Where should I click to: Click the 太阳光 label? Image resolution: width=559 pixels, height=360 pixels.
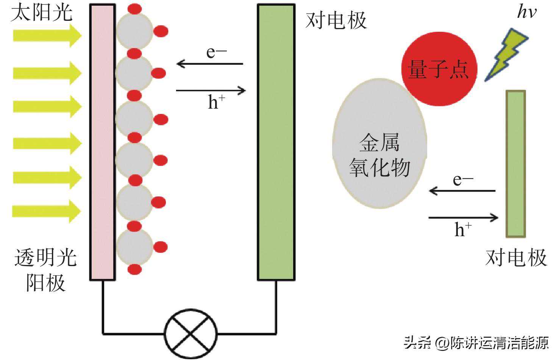pos(42,12)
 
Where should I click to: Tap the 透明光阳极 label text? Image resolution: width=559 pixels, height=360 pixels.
pos(46,270)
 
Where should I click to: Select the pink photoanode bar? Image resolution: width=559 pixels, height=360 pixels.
pos(103,142)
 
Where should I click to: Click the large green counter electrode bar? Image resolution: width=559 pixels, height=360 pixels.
pos(276,142)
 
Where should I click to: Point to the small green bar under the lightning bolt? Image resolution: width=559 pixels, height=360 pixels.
pos(516,164)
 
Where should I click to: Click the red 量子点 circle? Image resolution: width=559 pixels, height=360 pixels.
pos(439,69)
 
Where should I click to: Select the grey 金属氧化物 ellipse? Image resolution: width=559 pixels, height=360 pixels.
pos(379,143)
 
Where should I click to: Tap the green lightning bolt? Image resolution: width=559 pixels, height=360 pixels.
pos(507,55)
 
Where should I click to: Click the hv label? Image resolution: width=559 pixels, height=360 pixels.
pos(527,11)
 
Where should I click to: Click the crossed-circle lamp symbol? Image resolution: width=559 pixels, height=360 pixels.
pos(190,334)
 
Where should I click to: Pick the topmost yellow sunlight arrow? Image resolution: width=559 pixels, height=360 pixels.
pos(47,36)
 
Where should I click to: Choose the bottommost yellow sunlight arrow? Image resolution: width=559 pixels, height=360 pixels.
pos(47,211)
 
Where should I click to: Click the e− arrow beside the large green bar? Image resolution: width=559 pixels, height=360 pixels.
pos(210,64)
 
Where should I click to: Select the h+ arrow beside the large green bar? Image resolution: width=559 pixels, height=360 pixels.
pos(211,90)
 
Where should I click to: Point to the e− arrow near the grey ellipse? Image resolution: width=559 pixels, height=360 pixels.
pos(462,191)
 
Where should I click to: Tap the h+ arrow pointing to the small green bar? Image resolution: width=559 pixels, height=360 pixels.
pos(464,218)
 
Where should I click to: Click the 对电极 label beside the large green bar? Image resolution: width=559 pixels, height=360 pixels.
pos(336,20)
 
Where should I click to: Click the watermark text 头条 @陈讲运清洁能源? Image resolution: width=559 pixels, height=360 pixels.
pos(476,343)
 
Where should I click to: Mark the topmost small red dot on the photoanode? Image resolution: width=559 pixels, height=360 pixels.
pos(135,9)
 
